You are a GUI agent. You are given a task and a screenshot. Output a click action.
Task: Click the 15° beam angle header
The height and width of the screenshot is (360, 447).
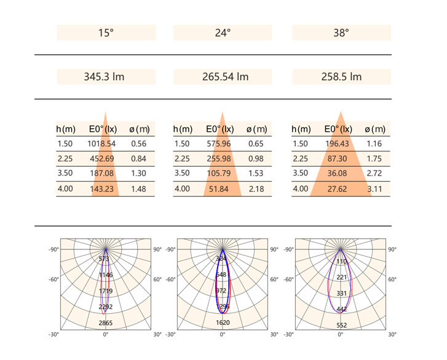[x=106, y=33]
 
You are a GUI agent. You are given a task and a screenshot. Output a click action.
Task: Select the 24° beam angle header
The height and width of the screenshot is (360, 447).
[x=223, y=33]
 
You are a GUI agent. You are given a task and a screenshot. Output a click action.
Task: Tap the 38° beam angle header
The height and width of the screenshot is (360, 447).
[x=341, y=33]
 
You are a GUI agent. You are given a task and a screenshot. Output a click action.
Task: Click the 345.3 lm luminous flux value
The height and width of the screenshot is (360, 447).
[x=106, y=77]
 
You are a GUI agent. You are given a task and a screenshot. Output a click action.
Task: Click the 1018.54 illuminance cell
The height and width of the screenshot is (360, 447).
[x=103, y=144]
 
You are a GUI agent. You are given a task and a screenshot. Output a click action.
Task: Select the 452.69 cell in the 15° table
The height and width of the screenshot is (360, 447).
[x=103, y=159]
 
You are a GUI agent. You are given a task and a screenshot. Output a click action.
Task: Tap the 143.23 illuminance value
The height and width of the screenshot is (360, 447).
[x=103, y=189]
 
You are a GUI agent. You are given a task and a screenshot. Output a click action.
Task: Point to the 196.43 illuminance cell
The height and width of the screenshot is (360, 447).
[x=338, y=144]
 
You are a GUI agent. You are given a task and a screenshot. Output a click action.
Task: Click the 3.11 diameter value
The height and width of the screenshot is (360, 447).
[x=374, y=189]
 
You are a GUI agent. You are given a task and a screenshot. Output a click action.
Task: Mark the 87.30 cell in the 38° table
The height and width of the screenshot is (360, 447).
[x=338, y=159]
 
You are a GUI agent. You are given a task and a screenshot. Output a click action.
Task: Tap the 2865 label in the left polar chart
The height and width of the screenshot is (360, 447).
[x=106, y=322]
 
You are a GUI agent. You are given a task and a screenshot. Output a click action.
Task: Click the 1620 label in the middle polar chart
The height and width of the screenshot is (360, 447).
[x=222, y=322]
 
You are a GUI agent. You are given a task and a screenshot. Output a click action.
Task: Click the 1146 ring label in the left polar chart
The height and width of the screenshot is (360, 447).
[x=106, y=275]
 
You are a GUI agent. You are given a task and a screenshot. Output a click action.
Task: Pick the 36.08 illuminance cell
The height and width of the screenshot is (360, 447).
[x=338, y=174]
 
